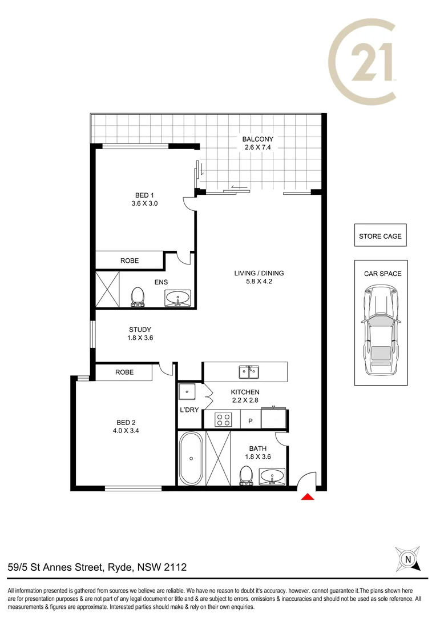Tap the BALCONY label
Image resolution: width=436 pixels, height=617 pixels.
[258, 139]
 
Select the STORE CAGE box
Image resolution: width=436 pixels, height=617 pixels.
[380, 236]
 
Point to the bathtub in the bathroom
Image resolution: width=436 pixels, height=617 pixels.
[191, 458]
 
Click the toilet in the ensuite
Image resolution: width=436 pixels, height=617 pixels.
[137, 297]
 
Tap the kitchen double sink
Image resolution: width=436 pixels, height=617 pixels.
[248, 372]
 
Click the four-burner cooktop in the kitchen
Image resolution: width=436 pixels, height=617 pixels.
[222, 420]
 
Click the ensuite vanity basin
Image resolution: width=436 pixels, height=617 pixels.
[179, 297]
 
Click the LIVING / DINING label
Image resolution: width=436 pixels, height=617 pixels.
[259, 273]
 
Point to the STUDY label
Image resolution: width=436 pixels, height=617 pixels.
[140, 329]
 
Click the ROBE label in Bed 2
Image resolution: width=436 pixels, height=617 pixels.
[124, 372]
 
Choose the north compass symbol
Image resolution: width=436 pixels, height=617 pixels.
[407, 558]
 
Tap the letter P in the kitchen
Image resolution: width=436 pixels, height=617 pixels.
[249, 421]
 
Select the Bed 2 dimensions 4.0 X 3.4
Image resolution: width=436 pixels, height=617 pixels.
[126, 431]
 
